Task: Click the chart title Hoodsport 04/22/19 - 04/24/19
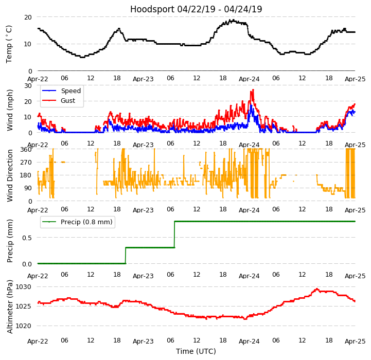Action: click(x=196, y=9)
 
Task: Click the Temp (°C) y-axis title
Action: click(x=9, y=44)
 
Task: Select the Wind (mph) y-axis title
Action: click(x=10, y=110)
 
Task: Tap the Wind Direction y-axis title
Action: click(x=10, y=175)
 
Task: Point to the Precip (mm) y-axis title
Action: click(x=10, y=240)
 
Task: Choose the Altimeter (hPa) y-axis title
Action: click(x=10, y=306)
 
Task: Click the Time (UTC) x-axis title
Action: click(x=196, y=351)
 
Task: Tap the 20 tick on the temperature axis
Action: click(x=28, y=17)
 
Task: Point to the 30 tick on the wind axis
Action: click(x=28, y=86)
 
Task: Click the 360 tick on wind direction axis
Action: click(x=26, y=149)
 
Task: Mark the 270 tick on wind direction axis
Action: click(x=26, y=163)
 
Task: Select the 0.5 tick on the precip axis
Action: click(x=26, y=238)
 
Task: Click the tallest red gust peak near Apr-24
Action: click(x=253, y=90)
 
